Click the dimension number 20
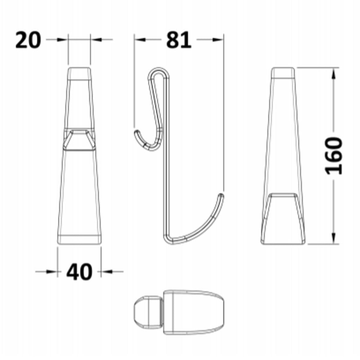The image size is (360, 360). pyautogui.click(x=28, y=40)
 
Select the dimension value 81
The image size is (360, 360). pyautogui.click(x=179, y=40)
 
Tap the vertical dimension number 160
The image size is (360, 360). pyautogui.click(x=334, y=156)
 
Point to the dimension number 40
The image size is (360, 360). pyautogui.click(x=79, y=272)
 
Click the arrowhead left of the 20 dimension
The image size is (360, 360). pyautogui.click(x=62, y=40)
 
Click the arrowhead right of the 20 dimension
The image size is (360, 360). pyautogui.click(x=96, y=40)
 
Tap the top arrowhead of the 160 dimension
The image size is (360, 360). pyautogui.click(x=334, y=73)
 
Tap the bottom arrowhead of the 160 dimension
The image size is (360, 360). pyautogui.click(x=334, y=238)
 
